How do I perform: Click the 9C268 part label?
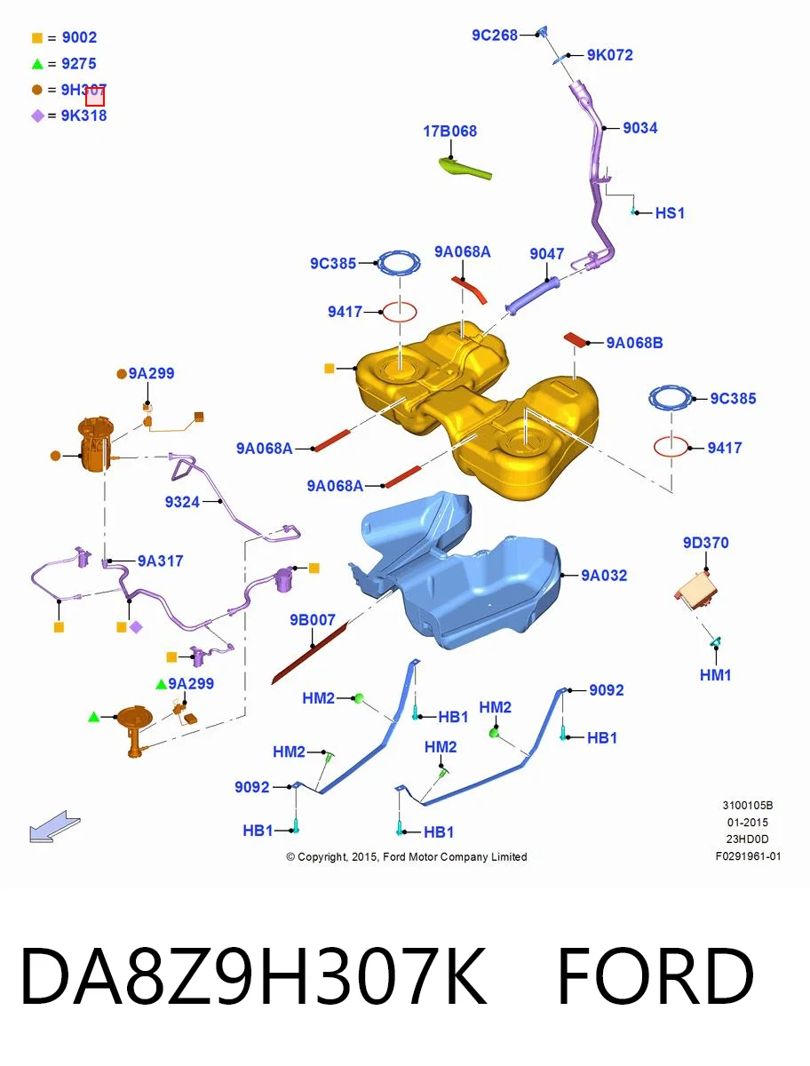(495, 36)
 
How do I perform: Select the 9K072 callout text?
(609, 55)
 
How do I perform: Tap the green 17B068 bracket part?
(465, 168)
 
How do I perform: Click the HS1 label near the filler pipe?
(670, 212)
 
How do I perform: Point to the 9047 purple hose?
(532, 296)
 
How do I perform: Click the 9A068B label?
(634, 343)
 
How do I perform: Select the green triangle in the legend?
(37, 64)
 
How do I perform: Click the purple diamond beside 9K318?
(38, 116)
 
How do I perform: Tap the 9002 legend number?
(79, 37)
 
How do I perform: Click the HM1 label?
(715, 675)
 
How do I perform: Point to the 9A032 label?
(604, 576)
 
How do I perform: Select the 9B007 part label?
(313, 620)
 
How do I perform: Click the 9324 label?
(182, 502)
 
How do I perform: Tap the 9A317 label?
(160, 561)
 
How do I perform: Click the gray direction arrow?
(54, 826)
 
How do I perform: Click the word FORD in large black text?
(655, 976)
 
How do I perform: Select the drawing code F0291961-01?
(748, 856)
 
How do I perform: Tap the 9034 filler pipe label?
(640, 128)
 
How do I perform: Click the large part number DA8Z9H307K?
(253, 976)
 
